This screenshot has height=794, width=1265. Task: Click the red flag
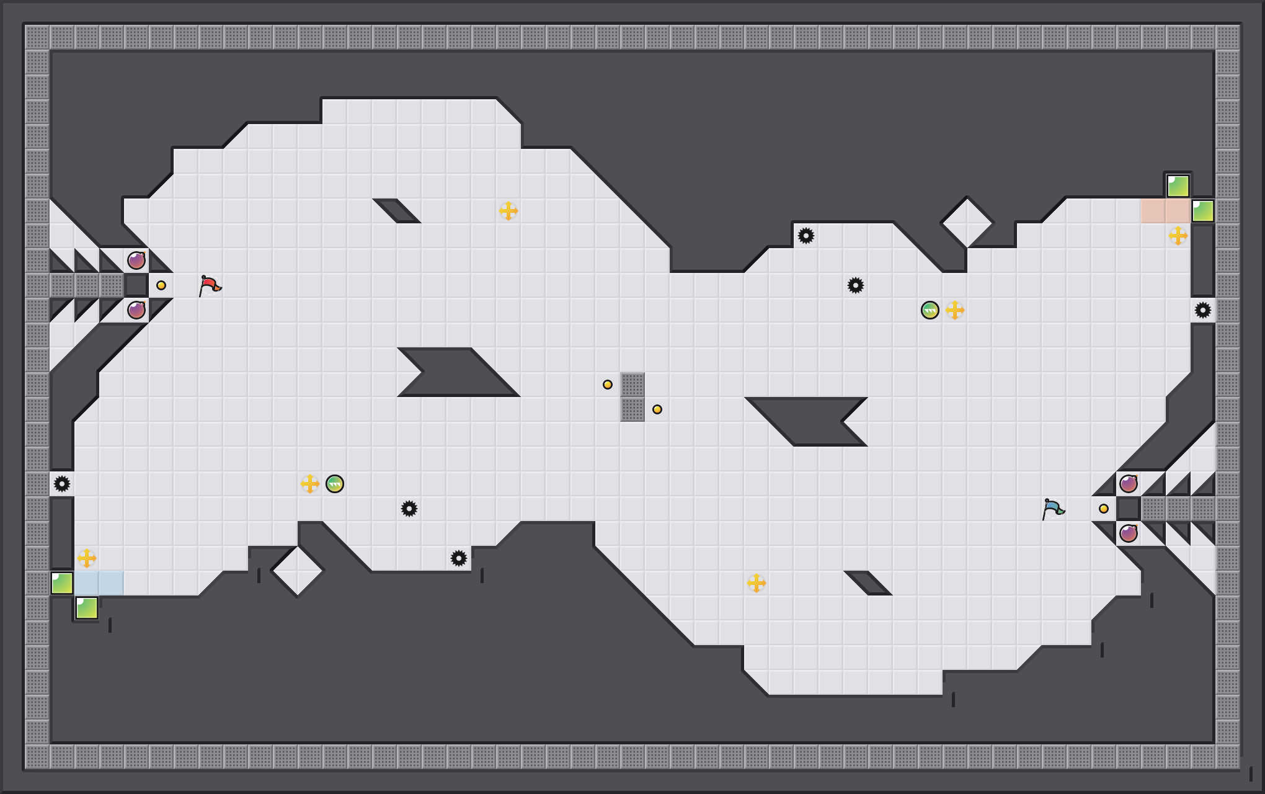pos(210,285)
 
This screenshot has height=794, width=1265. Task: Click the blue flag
pos(1053,509)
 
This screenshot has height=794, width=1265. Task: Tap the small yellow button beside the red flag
pos(161,285)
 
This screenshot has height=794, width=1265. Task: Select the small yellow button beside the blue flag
pos(1104,509)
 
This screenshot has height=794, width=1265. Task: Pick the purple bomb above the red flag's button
pos(136,261)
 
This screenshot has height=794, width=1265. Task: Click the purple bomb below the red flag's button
pos(136,310)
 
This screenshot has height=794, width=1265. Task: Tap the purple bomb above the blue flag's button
pos(1129,484)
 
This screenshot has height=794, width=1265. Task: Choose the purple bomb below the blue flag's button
pos(1129,533)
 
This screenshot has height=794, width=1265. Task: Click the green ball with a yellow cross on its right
pos(930,310)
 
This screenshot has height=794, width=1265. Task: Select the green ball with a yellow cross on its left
pos(335,484)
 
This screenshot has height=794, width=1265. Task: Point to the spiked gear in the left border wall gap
pos(62,484)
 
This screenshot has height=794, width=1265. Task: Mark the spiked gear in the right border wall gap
pos(1203,310)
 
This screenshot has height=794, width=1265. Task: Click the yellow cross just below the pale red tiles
pos(1178,236)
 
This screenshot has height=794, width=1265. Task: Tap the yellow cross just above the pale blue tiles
pos(87,558)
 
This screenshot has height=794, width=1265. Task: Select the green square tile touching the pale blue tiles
pos(62,583)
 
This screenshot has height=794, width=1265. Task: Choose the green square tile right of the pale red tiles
pos(1203,211)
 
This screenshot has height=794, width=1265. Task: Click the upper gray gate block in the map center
pos(632,385)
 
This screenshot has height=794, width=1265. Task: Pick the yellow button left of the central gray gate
pos(608,385)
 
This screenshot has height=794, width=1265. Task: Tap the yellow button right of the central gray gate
pos(657,409)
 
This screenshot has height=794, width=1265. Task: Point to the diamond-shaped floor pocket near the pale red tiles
pos(967,222)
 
